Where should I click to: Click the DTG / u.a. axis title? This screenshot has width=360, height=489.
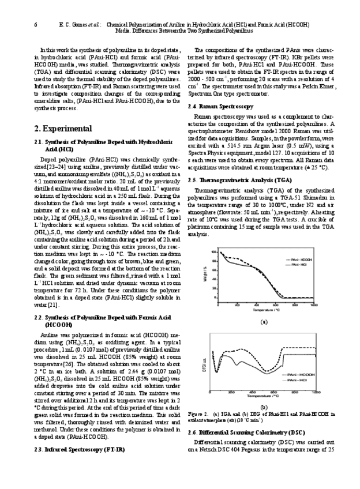pyautogui.click(x=206, y=360)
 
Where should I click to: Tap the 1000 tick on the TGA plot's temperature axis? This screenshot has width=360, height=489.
pyautogui.click(x=313, y=306)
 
